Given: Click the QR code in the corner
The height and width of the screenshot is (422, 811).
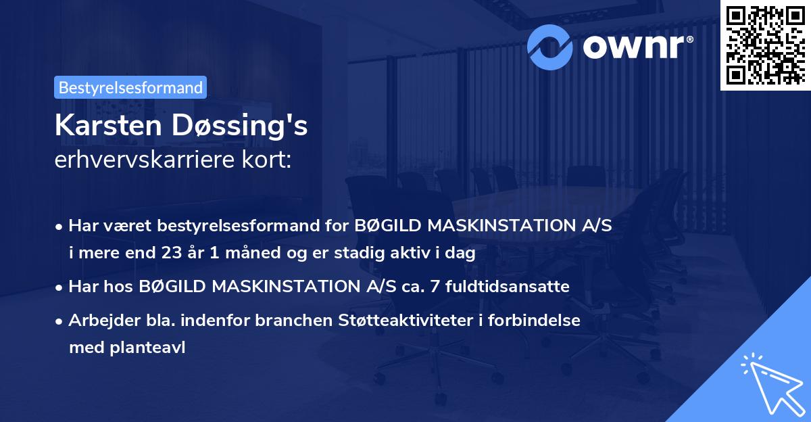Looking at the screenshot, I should [766, 45].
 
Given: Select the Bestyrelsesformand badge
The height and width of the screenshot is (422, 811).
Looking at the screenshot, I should [130, 87].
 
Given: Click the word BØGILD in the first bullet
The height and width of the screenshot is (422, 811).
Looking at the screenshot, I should [385, 226].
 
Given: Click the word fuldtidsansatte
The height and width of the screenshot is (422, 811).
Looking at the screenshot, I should [514, 287].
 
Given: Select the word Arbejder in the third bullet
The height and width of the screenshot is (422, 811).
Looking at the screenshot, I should [99, 321].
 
